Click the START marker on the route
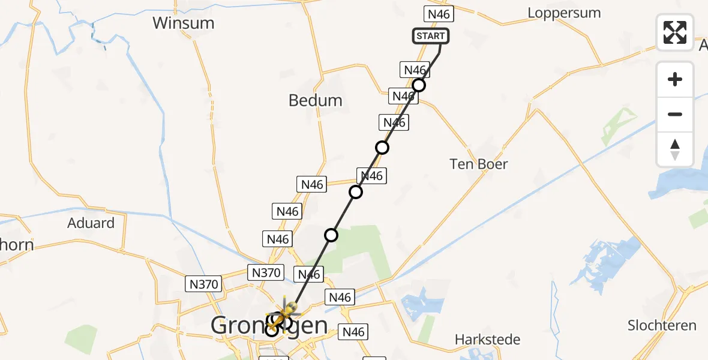pos(430,36)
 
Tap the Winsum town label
pos(183,23)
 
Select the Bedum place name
pos(315,100)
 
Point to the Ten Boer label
pos(479,164)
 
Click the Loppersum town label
pos(563,13)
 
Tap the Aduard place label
pos(91,223)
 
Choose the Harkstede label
pos(487,340)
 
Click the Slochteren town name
pos(662,326)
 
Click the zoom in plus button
pos(675,79)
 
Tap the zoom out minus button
pos(675,114)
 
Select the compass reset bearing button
pos(675,149)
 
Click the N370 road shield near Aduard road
pos(204,284)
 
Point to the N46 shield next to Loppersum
pos(439,14)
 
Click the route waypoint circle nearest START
pos(419,85)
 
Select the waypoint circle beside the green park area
pos(331,235)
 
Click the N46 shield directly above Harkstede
pos(353,332)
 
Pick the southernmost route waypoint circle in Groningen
pos(272,329)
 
